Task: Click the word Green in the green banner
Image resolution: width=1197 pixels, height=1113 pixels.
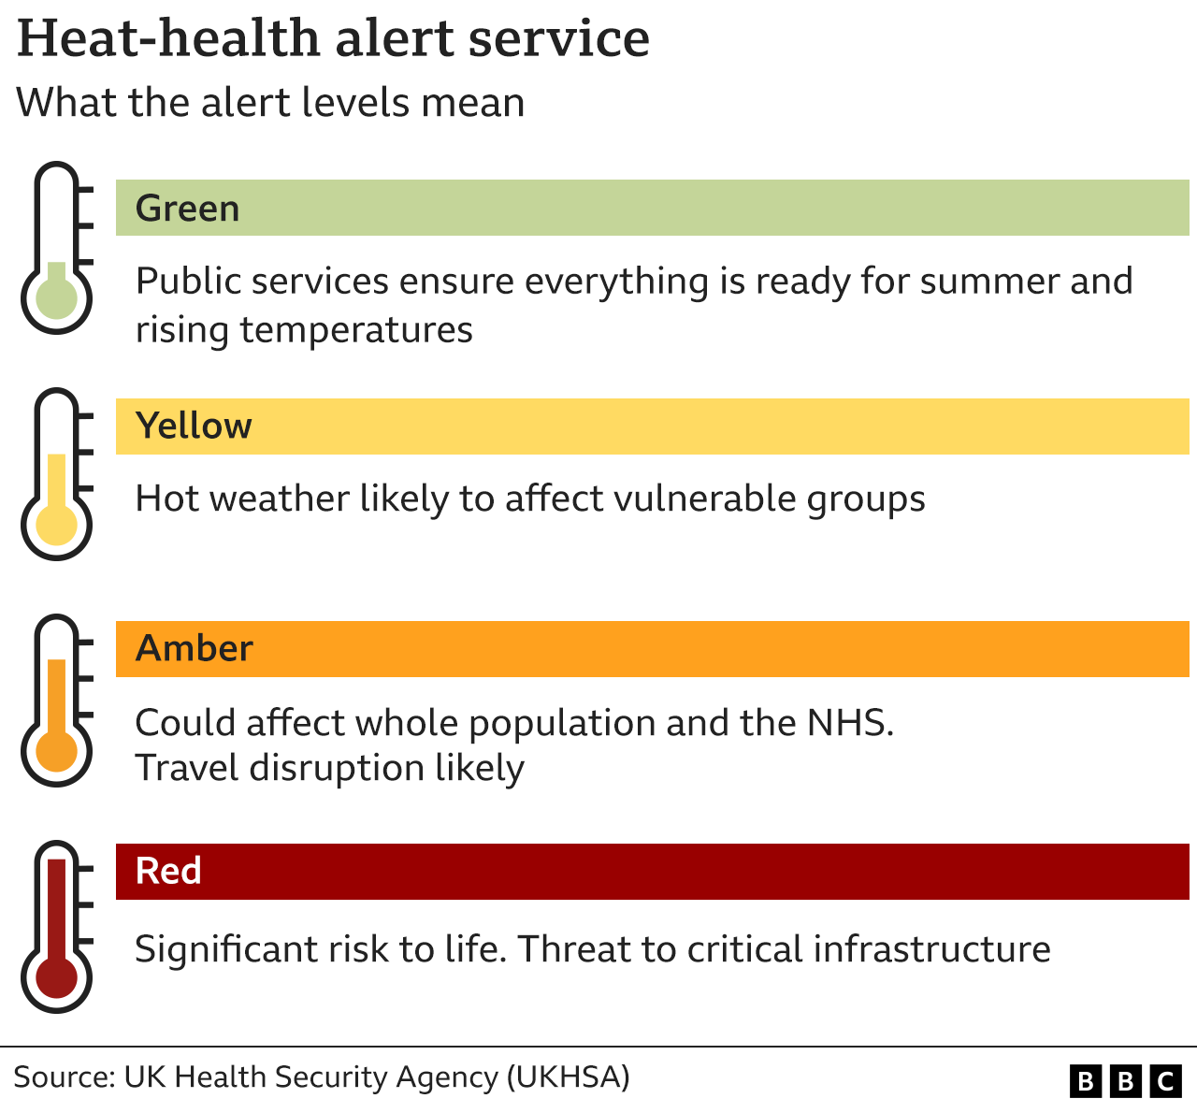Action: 187,209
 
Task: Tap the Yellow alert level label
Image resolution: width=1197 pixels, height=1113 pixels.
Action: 194,426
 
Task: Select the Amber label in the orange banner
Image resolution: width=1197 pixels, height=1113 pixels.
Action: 195,649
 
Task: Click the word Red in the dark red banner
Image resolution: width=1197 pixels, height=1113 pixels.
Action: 168,872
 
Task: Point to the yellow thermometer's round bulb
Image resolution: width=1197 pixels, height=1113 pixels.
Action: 57,526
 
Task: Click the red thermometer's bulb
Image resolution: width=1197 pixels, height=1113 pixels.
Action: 57,978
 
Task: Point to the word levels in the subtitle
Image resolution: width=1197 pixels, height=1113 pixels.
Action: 358,103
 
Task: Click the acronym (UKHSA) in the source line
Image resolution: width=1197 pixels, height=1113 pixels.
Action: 568,1077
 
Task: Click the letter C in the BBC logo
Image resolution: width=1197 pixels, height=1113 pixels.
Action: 1165,1082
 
